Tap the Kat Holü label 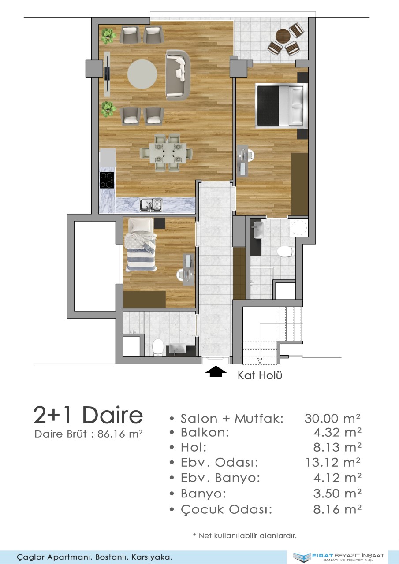click(x=260, y=375)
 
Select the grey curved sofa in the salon click(x=178, y=75)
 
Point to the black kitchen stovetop click(x=107, y=180)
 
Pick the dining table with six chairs click(x=166, y=153)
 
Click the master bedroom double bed click(x=282, y=105)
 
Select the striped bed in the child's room click(x=141, y=245)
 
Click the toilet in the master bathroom click(x=286, y=251)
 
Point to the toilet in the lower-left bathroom click(x=158, y=347)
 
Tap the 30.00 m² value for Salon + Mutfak click(x=332, y=419)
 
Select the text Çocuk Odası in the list click(x=227, y=509)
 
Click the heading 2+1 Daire click(x=88, y=416)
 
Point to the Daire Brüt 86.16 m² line click(x=89, y=434)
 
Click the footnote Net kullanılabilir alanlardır click(x=245, y=535)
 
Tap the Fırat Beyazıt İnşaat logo click(x=339, y=557)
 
